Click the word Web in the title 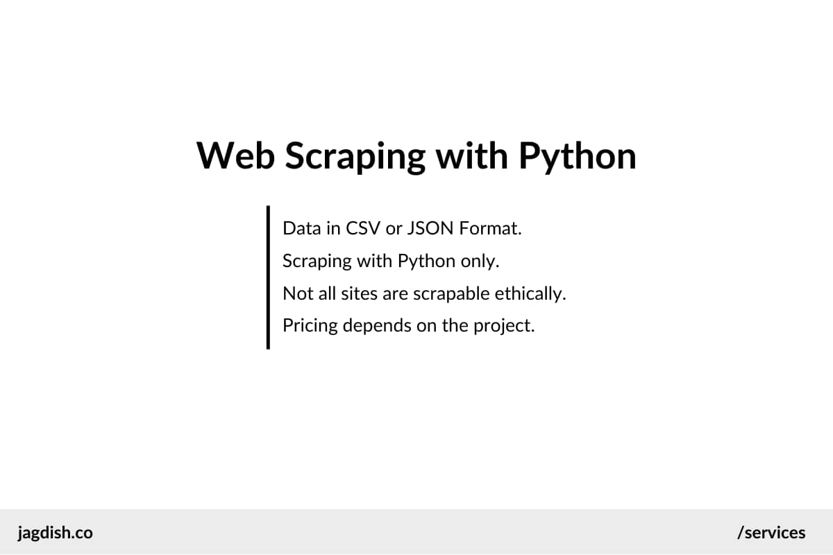pos(235,155)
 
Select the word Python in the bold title pos(578,157)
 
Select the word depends pos(378,326)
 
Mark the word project pos(504,326)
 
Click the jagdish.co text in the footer pos(55,533)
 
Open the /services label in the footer pos(771,533)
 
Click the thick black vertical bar pos(268,277)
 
